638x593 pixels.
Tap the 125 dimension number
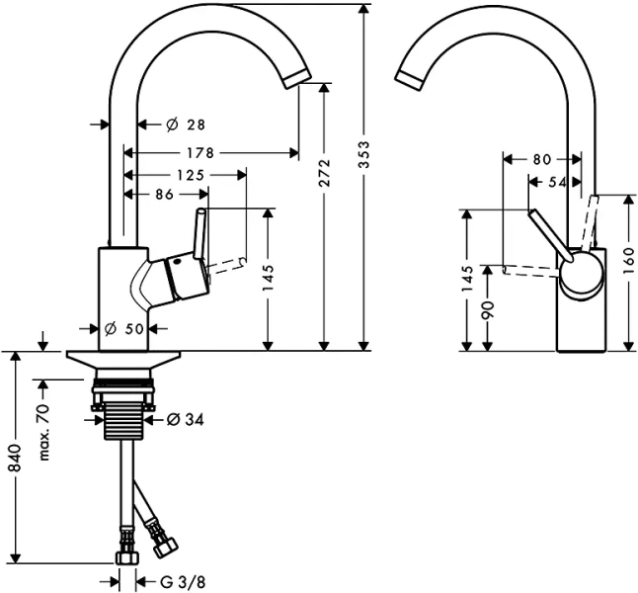(x=192, y=175)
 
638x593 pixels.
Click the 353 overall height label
(x=364, y=151)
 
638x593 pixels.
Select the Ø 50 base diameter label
(x=125, y=329)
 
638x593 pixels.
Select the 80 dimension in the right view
(x=541, y=158)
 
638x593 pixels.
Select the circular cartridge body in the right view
(x=581, y=273)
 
